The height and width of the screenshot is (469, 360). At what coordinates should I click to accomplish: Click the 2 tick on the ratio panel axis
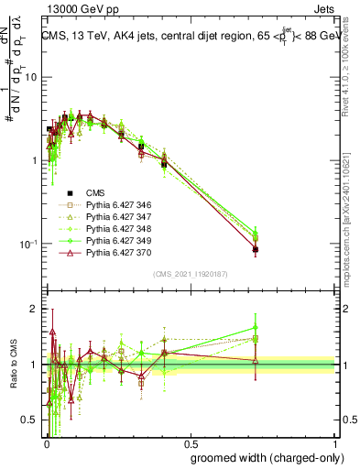35,309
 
